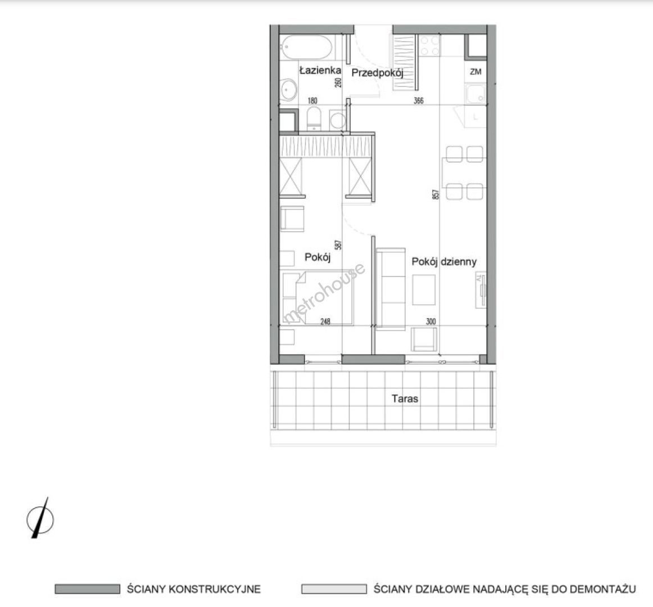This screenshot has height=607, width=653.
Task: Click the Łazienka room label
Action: pos(320,70)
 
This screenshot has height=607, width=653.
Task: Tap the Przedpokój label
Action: pos(377,73)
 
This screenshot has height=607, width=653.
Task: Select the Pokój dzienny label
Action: pos(444,262)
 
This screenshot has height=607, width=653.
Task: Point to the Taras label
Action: pos(405,398)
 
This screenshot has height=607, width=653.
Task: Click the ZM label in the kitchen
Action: pos(475,71)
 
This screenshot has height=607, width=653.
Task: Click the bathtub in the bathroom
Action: pos(307,48)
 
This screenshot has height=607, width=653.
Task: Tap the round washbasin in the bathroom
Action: pos(288,89)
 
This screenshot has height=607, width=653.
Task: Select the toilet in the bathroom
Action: pos(314,119)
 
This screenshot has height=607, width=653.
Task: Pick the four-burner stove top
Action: pos(429,46)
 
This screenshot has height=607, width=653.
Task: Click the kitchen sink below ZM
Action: pos(475,94)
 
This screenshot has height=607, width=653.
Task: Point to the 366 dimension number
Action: pos(419,101)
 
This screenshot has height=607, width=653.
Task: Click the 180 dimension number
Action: pos(312,101)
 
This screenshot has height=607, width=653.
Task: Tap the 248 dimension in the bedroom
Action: pos(325,321)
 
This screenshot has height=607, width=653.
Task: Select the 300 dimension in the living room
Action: pos(430,321)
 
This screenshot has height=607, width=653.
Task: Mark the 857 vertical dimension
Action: pos(436,194)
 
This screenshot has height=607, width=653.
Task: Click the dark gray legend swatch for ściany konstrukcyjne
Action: pos(88,589)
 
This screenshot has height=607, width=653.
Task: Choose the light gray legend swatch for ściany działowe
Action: pos(334,589)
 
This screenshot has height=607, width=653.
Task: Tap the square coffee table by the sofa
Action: pos(424,290)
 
